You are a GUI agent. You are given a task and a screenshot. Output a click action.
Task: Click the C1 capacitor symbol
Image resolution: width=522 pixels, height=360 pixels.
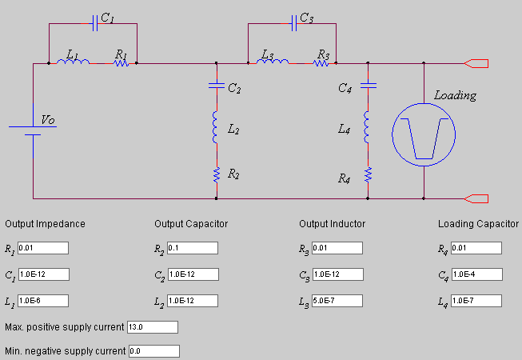point(95,23)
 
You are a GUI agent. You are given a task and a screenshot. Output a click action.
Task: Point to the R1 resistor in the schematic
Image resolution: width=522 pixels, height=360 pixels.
point(122,62)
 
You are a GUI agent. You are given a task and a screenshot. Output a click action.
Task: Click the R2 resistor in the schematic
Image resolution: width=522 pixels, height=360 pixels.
point(216,174)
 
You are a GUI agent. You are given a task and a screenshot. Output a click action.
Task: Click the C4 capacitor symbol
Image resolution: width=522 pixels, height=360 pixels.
point(367,82)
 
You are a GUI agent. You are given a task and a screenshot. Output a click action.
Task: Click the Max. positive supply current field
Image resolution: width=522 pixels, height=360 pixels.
point(152,327)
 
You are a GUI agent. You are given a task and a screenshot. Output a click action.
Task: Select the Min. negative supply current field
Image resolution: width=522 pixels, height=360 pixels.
point(153,351)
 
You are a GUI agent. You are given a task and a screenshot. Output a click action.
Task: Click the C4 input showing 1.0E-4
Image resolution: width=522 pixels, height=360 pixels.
point(476,274)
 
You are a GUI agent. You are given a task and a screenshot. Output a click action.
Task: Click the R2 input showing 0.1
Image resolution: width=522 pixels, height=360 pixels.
point(193,248)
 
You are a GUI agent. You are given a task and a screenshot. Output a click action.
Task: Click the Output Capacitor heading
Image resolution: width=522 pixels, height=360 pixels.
point(191,223)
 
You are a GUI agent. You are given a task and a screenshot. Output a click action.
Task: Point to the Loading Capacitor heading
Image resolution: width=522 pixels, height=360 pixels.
point(478,223)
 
